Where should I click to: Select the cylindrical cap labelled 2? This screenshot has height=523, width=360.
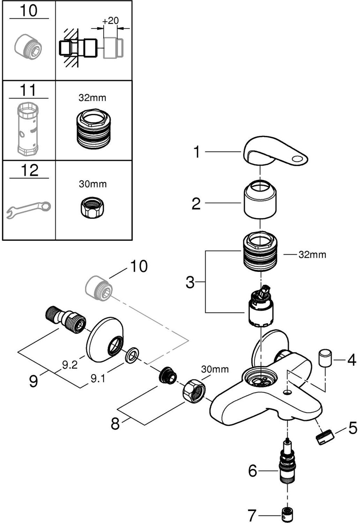(260, 201)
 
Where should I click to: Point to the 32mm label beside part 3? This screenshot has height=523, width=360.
(312, 255)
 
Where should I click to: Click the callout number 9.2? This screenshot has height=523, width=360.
(70, 365)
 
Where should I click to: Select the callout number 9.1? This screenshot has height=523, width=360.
(98, 379)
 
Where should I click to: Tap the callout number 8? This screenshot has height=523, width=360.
(115, 424)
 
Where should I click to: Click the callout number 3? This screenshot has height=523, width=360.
(190, 282)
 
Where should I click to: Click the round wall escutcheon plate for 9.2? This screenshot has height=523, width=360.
(105, 340)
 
